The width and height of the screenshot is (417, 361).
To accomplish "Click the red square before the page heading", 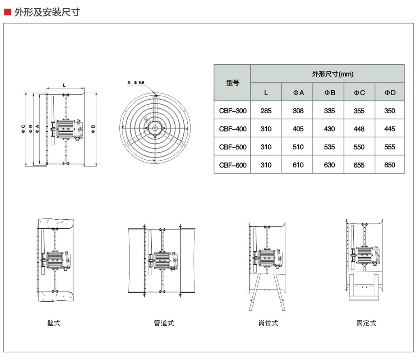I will point(7,12).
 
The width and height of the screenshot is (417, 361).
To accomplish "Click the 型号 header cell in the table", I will point(232,83).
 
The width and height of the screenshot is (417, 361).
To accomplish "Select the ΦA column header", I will point(298,92).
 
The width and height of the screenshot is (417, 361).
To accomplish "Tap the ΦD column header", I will point(390,92).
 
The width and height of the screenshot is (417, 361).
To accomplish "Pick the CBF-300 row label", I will point(233,111).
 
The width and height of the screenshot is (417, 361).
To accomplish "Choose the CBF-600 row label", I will point(233,165).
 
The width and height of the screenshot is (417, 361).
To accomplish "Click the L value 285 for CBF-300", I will point(266,111).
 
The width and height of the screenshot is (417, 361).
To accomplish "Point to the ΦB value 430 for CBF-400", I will point(329,129).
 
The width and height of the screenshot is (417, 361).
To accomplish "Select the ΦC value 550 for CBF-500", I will point(359,147).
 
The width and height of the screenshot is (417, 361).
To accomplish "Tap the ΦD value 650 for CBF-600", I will point(390,165).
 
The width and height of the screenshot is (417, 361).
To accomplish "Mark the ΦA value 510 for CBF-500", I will point(298,147).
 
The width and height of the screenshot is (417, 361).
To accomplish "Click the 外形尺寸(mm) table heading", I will point(327,74).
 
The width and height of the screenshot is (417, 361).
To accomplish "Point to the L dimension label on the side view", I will point(64,85).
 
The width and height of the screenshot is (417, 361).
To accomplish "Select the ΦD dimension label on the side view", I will point(93,128).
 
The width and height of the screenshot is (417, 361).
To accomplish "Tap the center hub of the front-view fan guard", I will point(154,128).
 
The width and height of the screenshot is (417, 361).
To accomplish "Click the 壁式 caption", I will point(54,323).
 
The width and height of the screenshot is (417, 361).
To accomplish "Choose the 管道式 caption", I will point(164,323).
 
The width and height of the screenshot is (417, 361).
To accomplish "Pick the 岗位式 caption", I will point(268,323).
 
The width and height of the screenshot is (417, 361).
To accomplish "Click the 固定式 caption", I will point(366,323).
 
